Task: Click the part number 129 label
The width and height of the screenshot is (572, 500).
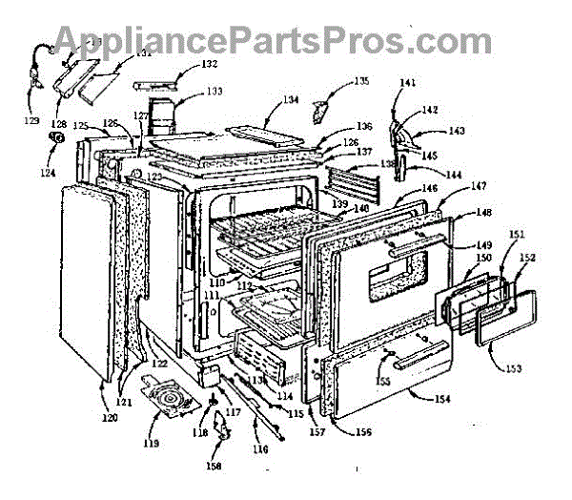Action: (32, 121)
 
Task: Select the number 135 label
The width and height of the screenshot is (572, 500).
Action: (360, 83)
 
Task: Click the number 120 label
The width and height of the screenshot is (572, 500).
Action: (111, 417)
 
